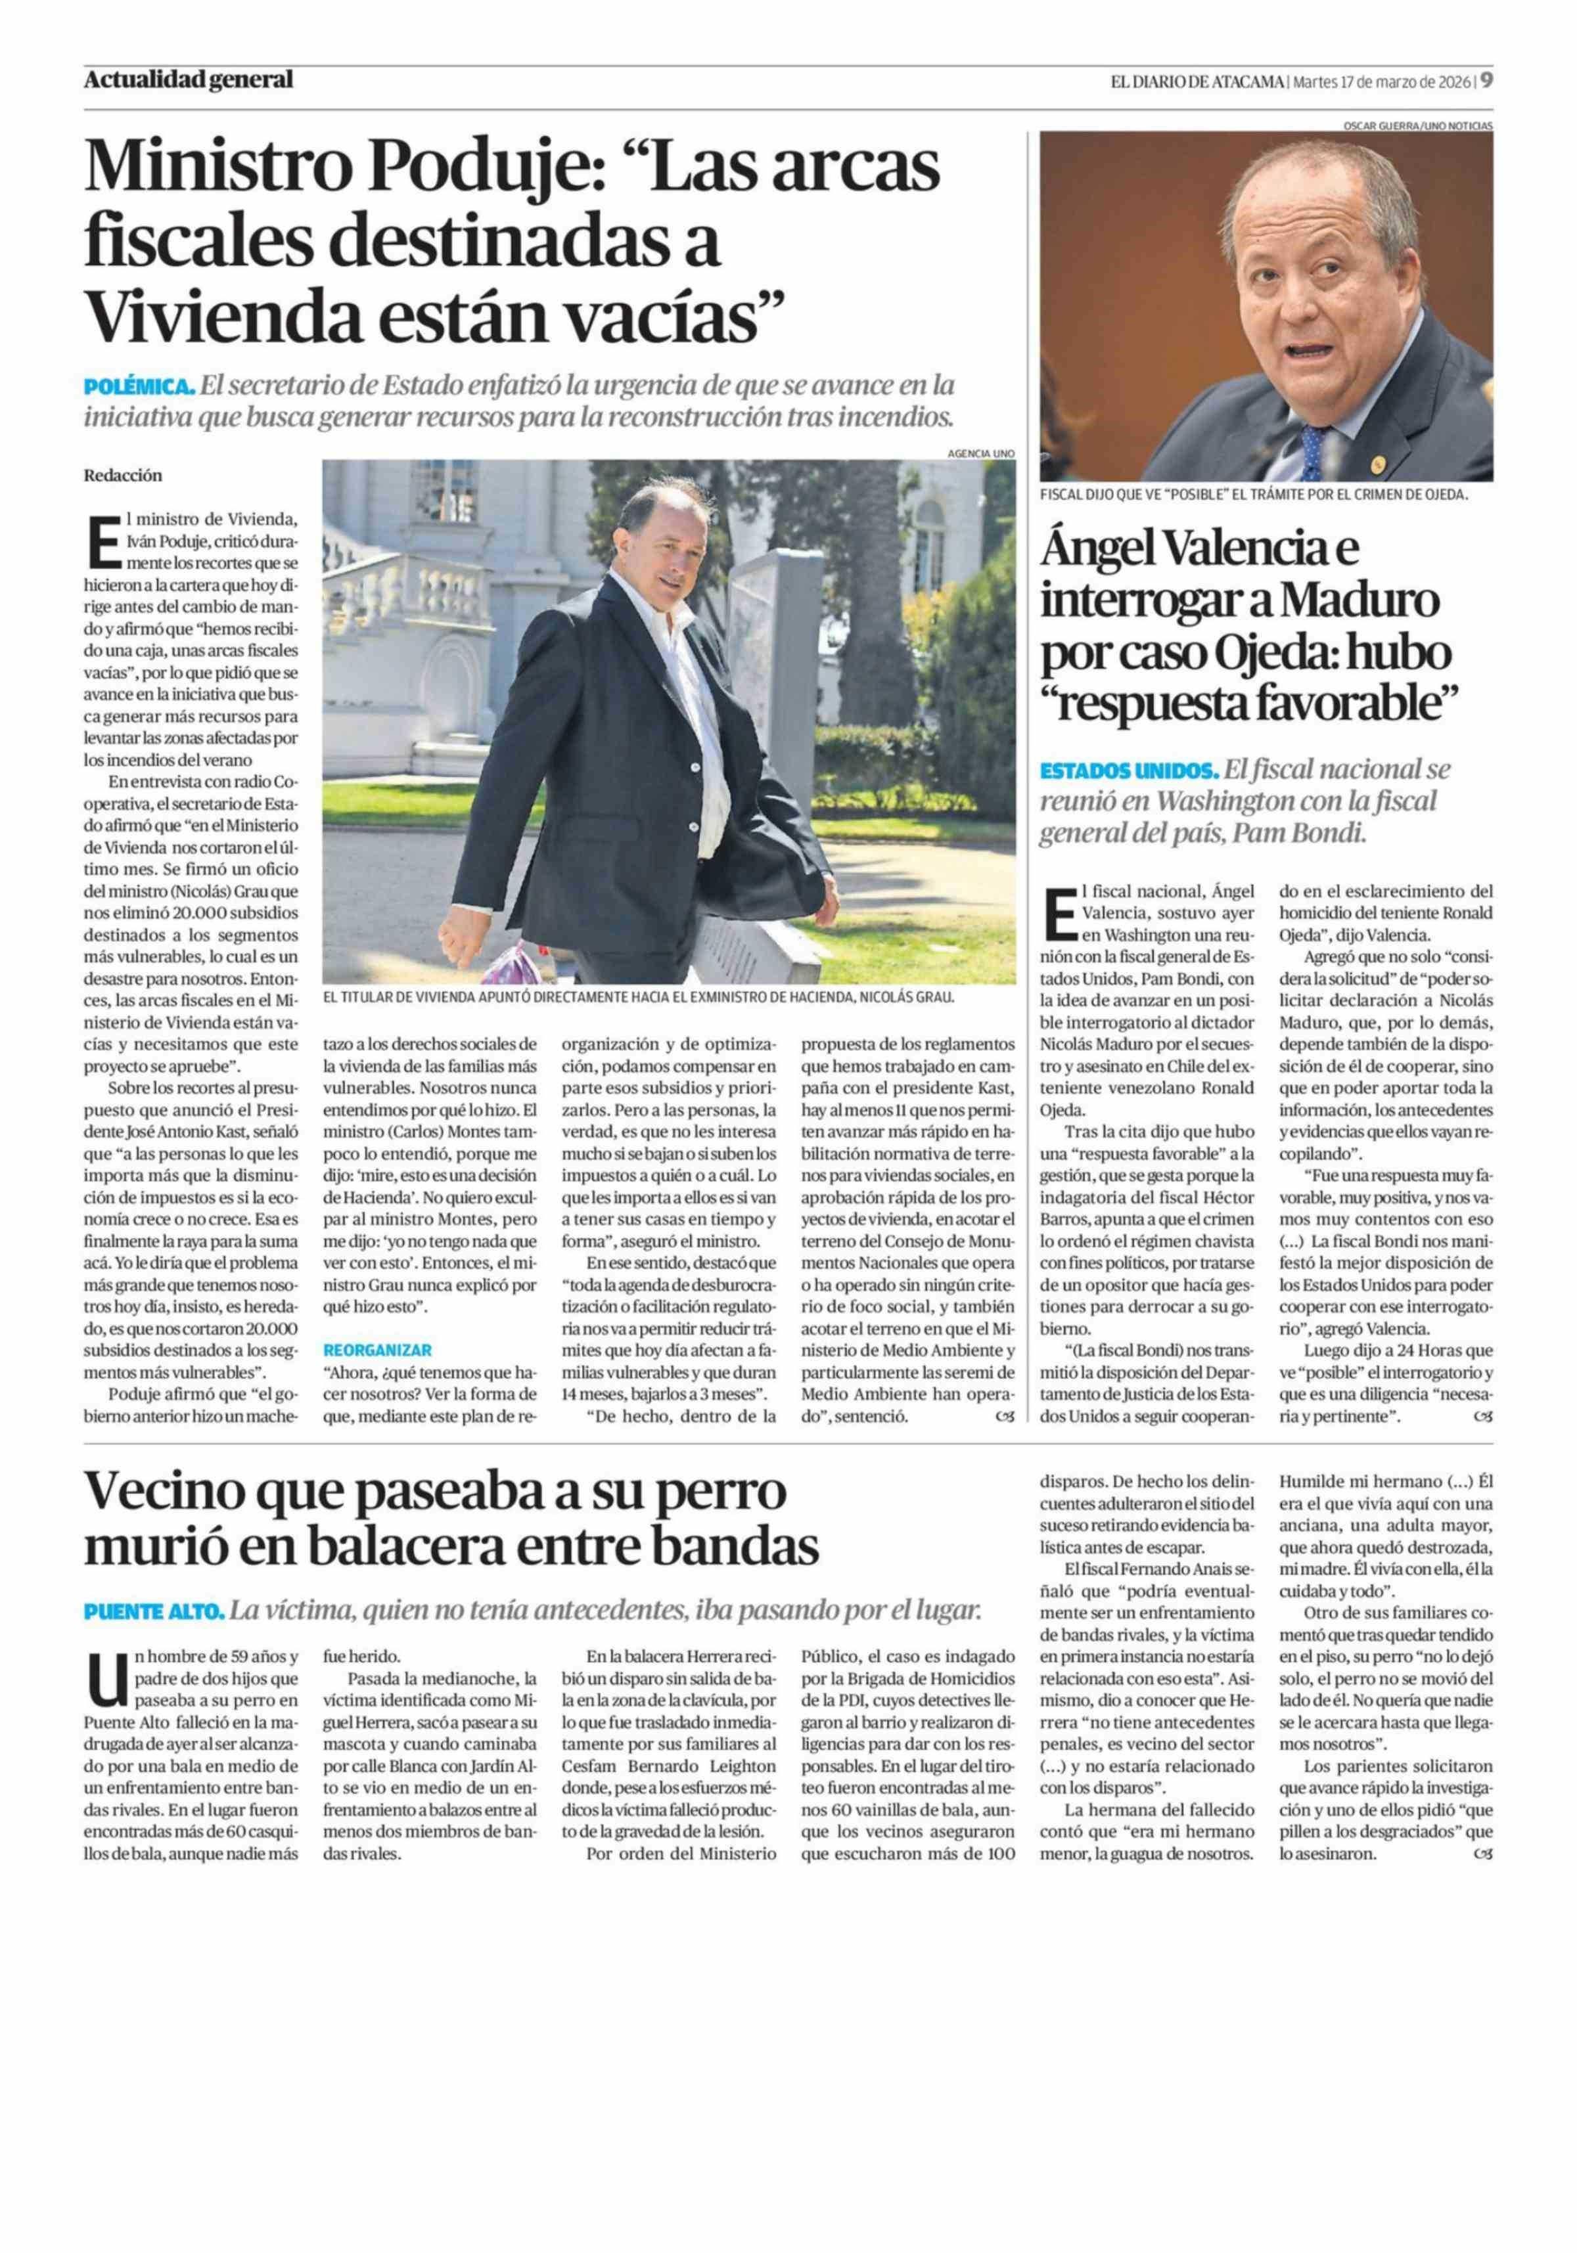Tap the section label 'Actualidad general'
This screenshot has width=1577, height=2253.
[189, 79]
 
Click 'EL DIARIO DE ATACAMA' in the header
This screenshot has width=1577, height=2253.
[1197, 81]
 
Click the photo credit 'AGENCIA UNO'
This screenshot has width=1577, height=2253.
[980, 453]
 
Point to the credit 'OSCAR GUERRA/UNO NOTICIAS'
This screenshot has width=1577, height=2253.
[1418, 125]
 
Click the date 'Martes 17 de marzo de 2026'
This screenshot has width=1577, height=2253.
[1382, 81]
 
